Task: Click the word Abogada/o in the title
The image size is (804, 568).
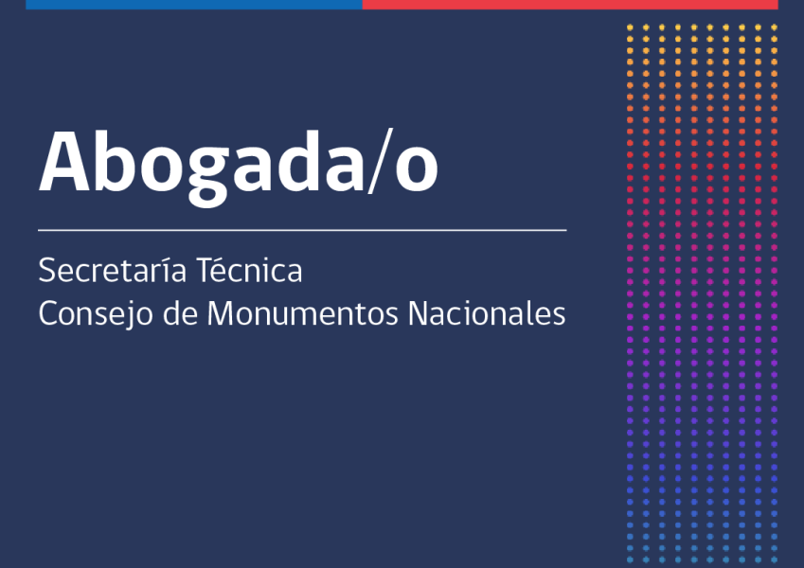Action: coord(238,163)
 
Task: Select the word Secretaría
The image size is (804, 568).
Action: coord(111,272)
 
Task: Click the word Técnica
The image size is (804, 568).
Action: coord(249,272)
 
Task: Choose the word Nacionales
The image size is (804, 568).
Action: coord(486,314)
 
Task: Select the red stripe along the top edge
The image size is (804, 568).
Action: coord(569,4)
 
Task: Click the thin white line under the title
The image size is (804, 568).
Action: coord(302,230)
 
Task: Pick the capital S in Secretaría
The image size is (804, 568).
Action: coord(46,272)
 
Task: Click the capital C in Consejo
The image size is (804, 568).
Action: coord(47,314)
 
